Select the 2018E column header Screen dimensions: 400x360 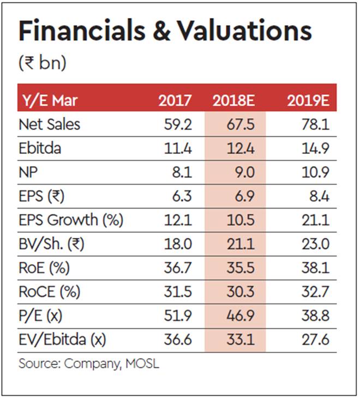click(235, 100)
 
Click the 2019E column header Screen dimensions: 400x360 click(306, 100)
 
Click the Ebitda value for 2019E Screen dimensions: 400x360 click(316, 148)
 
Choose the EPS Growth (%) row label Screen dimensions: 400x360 click(71, 220)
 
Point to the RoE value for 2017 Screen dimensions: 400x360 click(179, 268)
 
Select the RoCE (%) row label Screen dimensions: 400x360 click(50, 292)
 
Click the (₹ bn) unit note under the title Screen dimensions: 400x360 click(43, 64)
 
